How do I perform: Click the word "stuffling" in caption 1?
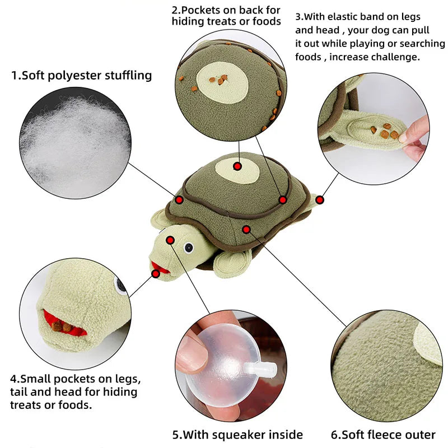coord(124,76)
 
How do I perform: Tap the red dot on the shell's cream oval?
coord(237,166)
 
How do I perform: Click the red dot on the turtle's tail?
coord(319,199)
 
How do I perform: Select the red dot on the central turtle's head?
coord(171,240)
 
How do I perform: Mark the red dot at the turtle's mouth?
coord(155,273)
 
